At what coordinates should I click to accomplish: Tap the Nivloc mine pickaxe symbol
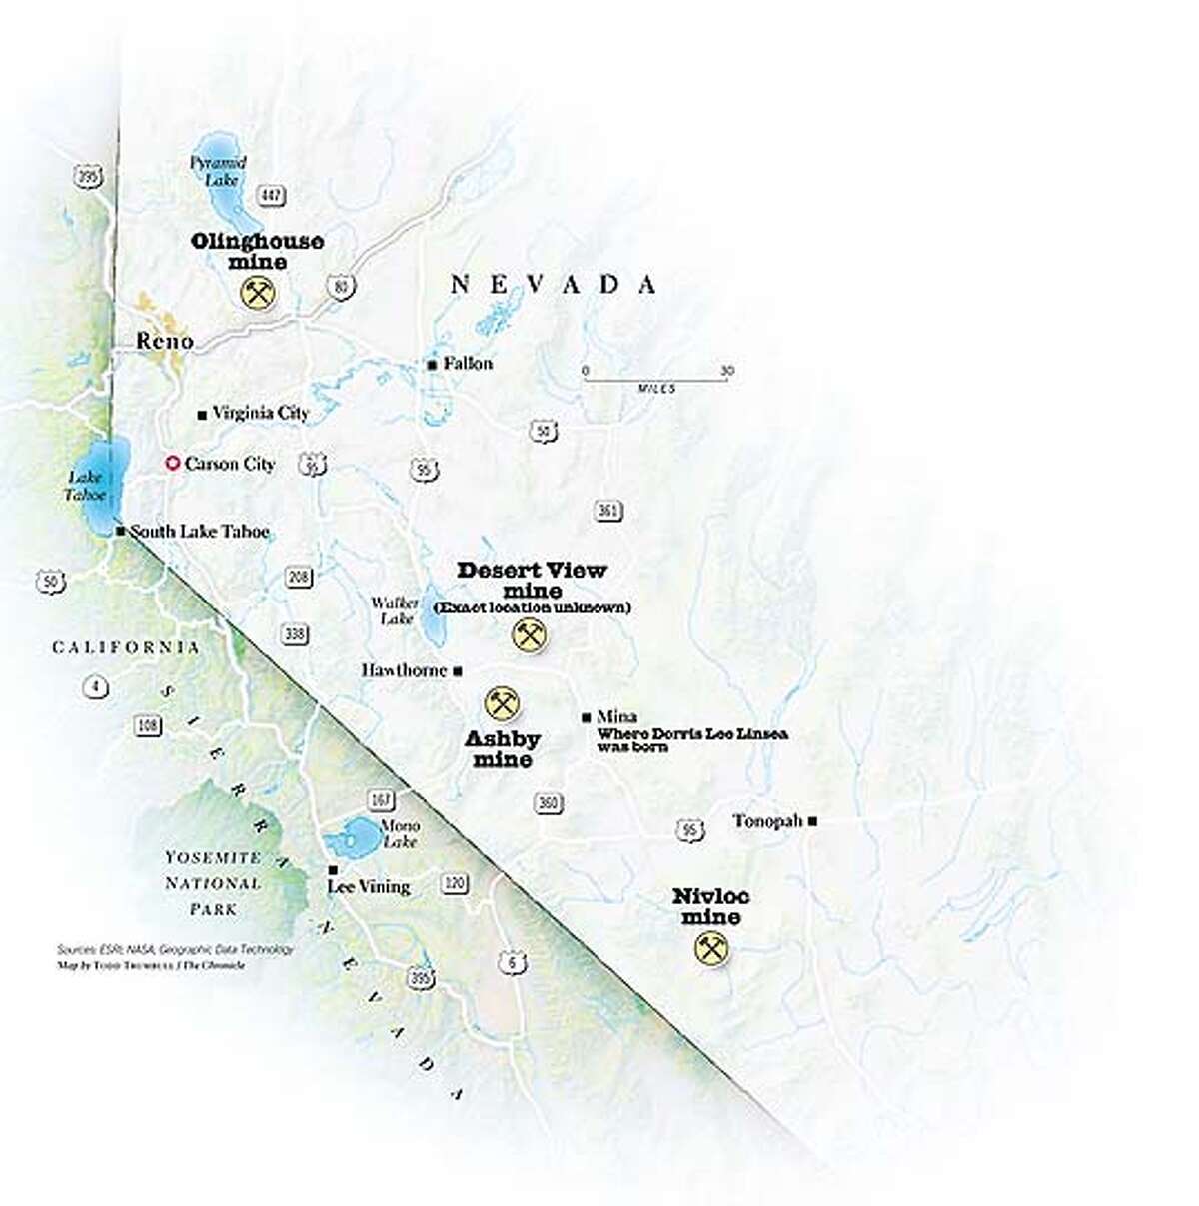(710, 949)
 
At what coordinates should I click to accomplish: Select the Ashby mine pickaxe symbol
(501, 704)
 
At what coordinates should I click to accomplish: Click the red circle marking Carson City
(172, 464)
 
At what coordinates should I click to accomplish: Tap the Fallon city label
(468, 364)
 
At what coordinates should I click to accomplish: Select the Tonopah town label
(767, 821)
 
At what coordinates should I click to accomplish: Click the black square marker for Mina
(587, 717)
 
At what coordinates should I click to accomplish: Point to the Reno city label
(164, 341)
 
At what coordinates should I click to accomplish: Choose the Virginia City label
(261, 413)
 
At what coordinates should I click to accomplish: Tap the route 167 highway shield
(382, 801)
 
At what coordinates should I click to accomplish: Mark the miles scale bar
(657, 378)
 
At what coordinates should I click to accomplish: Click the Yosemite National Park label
(213, 883)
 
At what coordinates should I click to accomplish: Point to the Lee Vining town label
(369, 886)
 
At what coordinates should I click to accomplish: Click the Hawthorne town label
(404, 670)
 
